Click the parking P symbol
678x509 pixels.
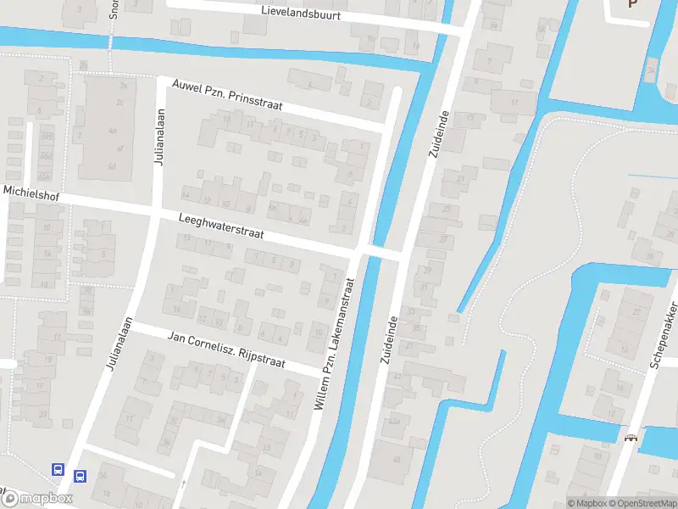click(632, 4)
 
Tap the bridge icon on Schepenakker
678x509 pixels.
click(630, 439)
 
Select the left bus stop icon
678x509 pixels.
click(58, 469)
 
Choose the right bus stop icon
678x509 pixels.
click(81, 477)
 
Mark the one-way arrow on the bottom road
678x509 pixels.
click(183, 484)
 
